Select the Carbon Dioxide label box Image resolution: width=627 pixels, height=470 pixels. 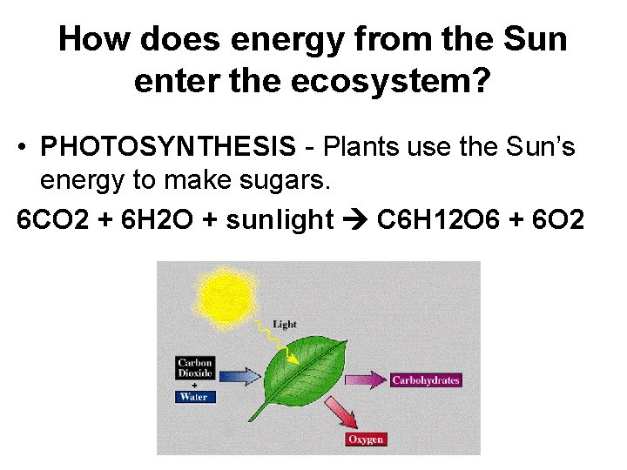coord(195,369)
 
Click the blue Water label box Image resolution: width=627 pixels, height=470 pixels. coord(194,397)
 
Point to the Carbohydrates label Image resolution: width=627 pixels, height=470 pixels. coord(425,380)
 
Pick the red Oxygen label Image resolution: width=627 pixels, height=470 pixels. coord(366,440)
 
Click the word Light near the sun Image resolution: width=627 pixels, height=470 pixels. coord(285,325)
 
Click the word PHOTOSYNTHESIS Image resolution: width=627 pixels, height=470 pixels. coord(168,147)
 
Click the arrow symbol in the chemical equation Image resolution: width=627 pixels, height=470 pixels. coord(355,219)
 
